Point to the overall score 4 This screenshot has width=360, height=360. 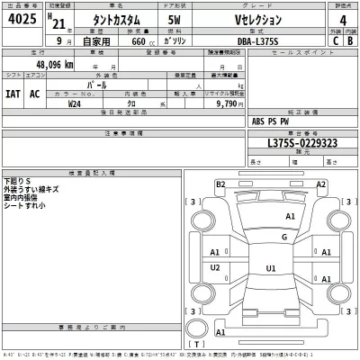[342, 22]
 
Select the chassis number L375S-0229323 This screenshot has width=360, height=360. [290, 143]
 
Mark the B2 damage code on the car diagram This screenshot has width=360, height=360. [220, 184]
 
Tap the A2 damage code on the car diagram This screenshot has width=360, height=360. [320, 184]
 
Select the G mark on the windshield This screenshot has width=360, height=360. [283, 237]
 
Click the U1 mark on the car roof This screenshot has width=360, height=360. [271, 268]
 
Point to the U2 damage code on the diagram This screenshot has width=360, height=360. [215, 268]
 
